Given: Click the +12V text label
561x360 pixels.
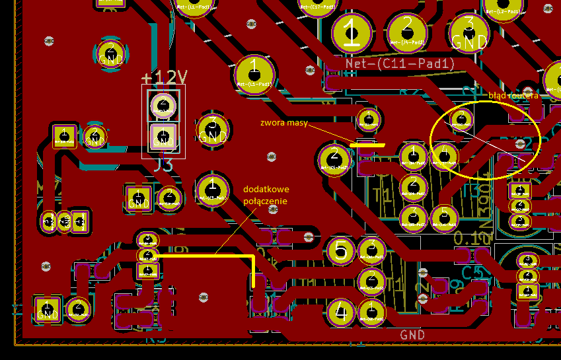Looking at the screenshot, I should [x=164, y=77].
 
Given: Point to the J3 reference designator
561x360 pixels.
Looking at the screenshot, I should [x=163, y=165].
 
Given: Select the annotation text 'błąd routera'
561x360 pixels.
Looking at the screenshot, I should [x=513, y=95].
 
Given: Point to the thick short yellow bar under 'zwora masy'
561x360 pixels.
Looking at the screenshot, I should [x=368, y=145].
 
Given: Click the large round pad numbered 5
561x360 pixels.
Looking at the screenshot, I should [x=341, y=250].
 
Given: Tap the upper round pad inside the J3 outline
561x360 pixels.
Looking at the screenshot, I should [x=163, y=104].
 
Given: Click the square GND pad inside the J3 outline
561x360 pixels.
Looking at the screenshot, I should [x=163, y=137].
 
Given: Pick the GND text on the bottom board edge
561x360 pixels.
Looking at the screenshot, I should [x=412, y=335].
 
